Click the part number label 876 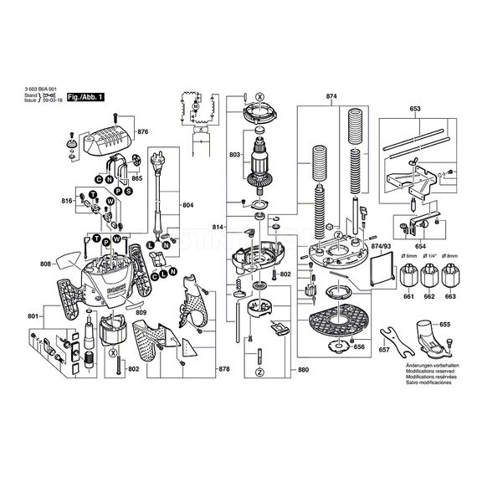pyautogui.click(x=142, y=132)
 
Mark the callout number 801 pyautogui.click(x=33, y=316)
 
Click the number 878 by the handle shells pyautogui.click(x=223, y=369)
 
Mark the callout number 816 pyautogui.click(x=66, y=202)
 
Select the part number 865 pyautogui.click(x=136, y=179)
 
